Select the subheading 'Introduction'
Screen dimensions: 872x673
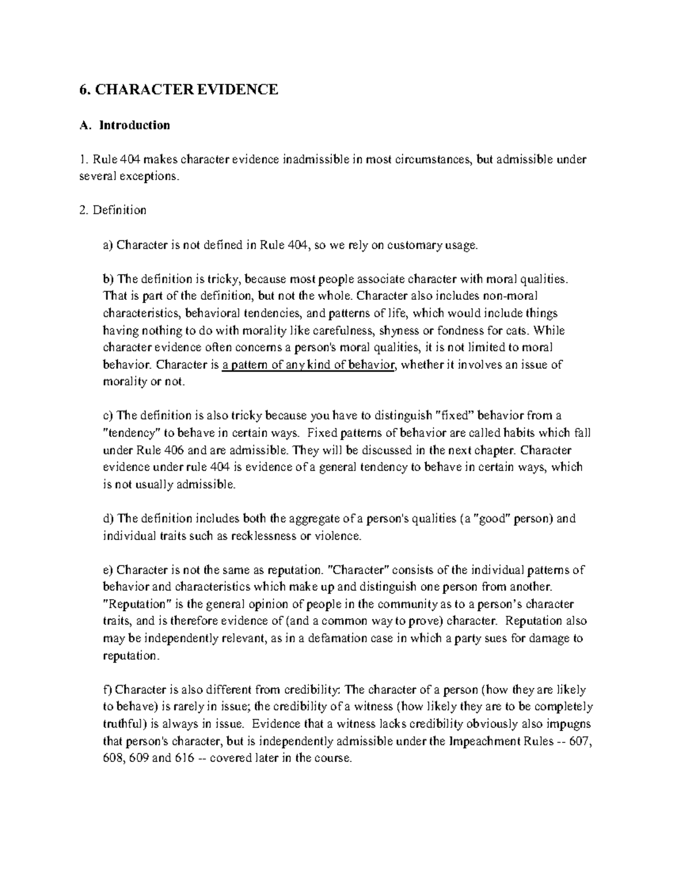[x=135, y=125]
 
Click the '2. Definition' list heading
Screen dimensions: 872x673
[x=113, y=210]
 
